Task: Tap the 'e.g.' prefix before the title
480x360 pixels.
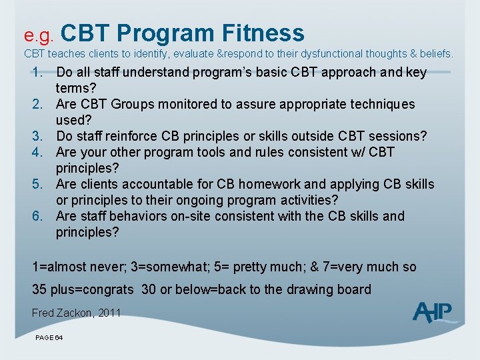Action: click(39, 34)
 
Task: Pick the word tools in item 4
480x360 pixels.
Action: click(213, 152)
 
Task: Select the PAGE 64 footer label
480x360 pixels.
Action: click(49, 338)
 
